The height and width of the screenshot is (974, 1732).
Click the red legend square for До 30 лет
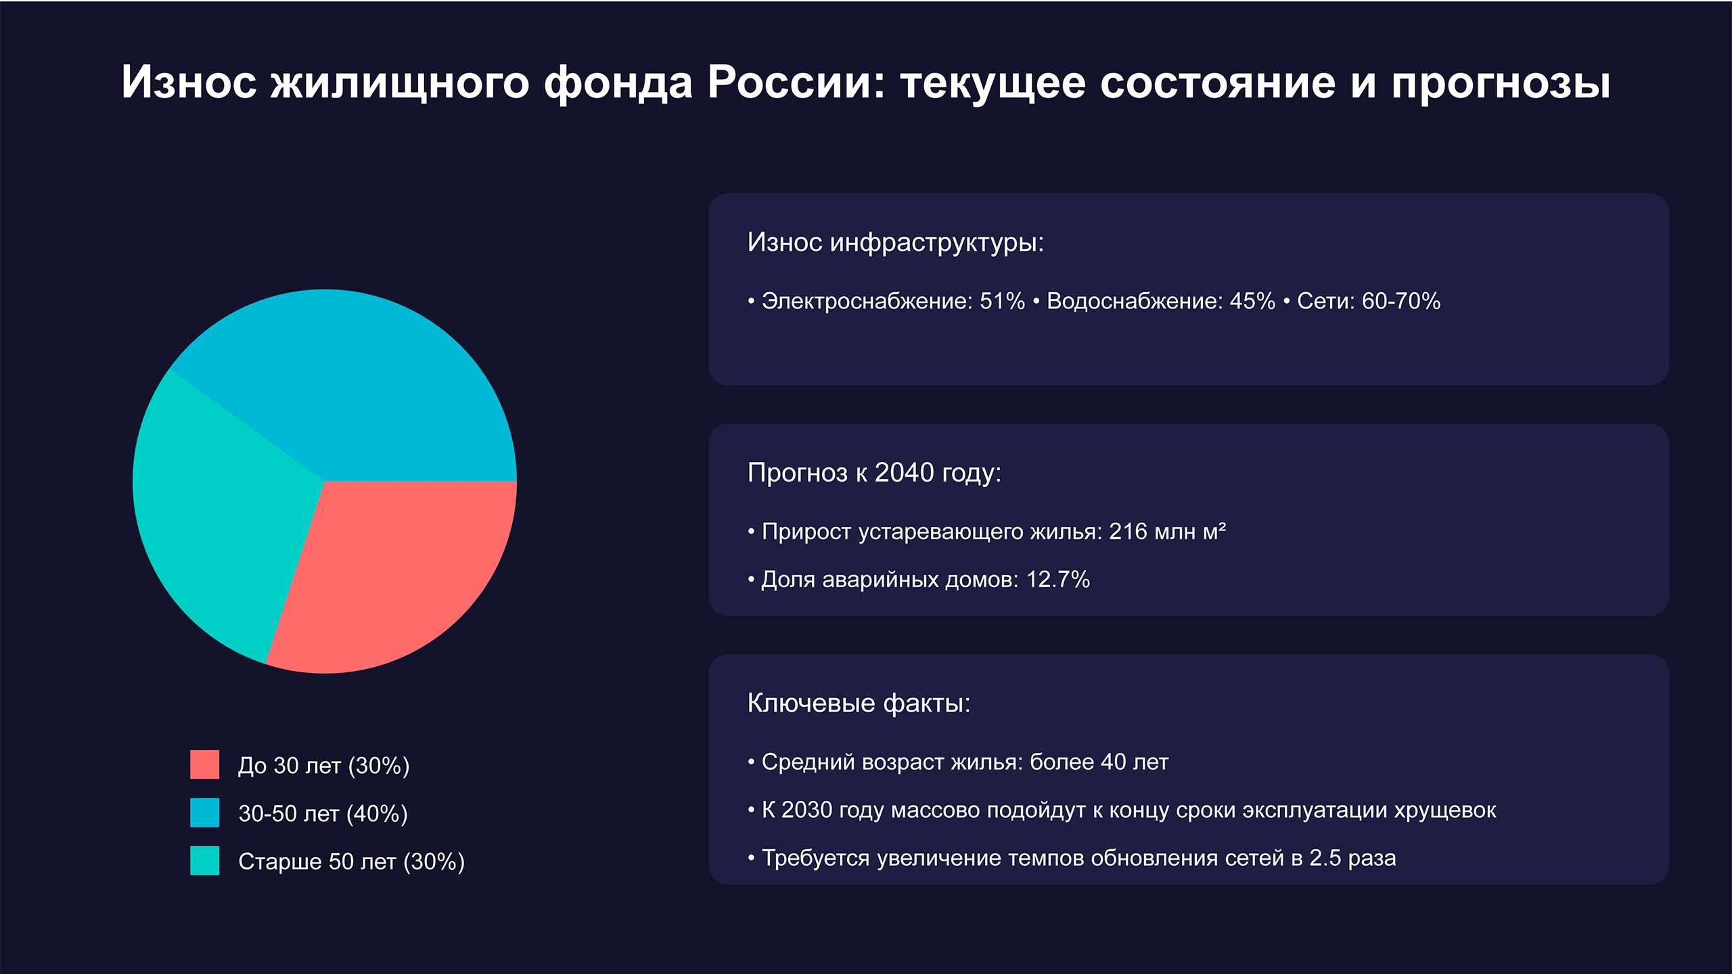(204, 764)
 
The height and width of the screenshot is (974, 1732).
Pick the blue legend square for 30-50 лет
(204, 812)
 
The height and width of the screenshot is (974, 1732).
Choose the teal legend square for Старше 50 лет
(204, 860)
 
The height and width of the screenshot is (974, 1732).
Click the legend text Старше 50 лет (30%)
(351, 862)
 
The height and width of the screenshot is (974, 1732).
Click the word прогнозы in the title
(1500, 84)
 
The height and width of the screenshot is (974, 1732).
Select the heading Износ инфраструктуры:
(895, 242)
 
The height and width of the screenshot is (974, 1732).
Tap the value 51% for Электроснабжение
(1002, 301)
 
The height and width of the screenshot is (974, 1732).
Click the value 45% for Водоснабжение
(1252, 301)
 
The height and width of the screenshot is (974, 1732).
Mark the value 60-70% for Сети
(1400, 301)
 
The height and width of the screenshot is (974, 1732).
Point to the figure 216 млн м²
(1167, 532)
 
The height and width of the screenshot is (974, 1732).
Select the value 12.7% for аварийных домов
(1057, 580)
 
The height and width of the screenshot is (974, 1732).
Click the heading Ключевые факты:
(859, 703)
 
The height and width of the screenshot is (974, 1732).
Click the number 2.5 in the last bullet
(1325, 858)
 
